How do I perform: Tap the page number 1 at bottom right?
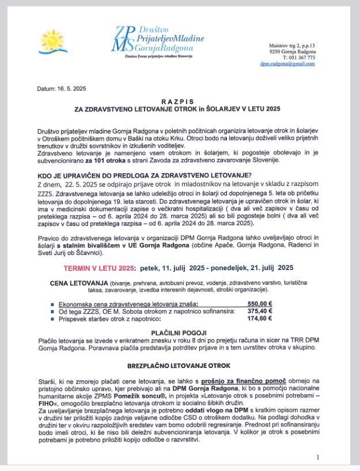click(317, 457)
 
